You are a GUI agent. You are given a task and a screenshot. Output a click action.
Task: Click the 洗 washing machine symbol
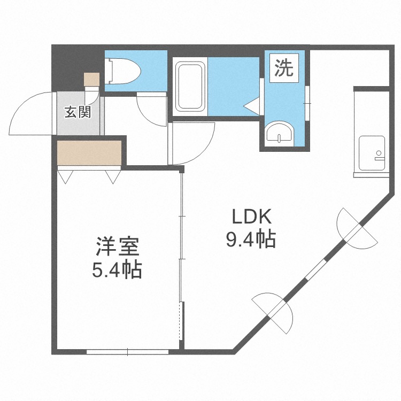click(x=284, y=68)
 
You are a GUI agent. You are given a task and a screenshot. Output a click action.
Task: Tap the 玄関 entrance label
click(x=78, y=112)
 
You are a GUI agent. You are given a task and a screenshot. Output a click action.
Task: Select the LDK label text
click(x=251, y=217)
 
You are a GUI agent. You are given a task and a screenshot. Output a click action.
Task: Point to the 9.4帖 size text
click(x=251, y=240)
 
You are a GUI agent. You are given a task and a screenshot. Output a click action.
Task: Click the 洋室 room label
click(x=118, y=247)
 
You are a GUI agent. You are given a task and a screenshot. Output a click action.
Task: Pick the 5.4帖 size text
click(x=117, y=270)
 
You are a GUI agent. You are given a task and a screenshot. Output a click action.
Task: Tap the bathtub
click(x=190, y=87)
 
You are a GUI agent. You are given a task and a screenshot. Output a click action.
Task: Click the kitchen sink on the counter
click(x=372, y=153)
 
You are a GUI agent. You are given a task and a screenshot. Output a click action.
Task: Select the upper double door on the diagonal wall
click(x=357, y=228)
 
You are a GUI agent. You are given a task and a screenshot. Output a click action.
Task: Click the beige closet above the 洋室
click(x=89, y=153)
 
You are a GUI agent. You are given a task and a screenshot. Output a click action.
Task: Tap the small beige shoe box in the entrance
click(x=92, y=79)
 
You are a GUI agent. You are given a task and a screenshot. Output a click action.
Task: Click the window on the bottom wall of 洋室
click(x=127, y=352)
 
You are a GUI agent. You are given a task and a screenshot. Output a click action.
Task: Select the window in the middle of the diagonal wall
click(x=316, y=270)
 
